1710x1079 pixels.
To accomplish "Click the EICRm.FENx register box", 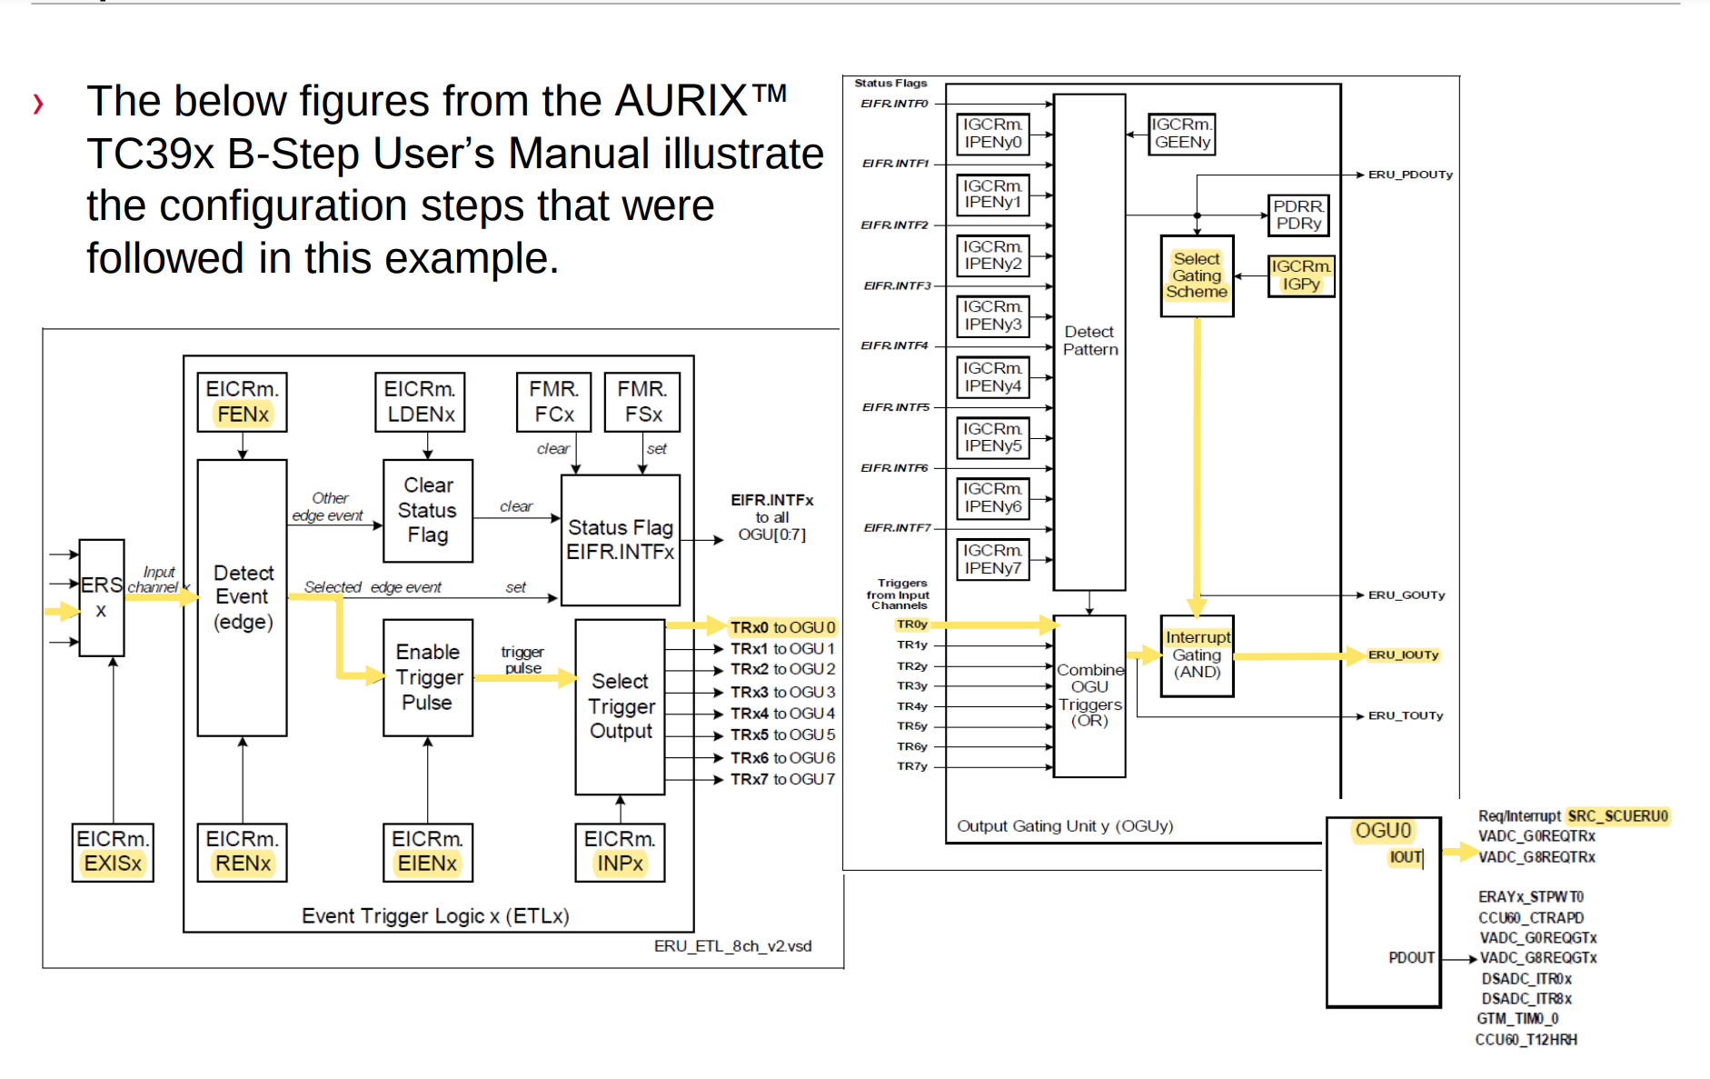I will coord(242,402).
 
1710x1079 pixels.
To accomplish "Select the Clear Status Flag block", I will coord(427,510).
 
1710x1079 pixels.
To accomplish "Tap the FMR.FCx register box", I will coord(553,402).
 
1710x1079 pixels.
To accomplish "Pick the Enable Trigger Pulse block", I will coord(427,677).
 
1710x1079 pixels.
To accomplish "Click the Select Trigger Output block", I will coord(621,706).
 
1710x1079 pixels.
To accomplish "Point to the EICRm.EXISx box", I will coord(113,852).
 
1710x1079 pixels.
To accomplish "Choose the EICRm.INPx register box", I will coord(620,852).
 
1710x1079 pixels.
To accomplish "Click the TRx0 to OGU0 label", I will coord(782,627).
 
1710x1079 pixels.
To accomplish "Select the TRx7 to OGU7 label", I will coord(782,779).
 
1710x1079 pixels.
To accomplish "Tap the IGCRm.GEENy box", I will coord(1181,134).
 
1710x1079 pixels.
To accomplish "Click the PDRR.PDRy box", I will coord(1297,215).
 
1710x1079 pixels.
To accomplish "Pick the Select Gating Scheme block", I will coord(1197,275).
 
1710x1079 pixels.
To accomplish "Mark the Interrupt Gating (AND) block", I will coord(1197,655).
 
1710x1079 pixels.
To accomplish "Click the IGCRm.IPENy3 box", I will coord(992,315).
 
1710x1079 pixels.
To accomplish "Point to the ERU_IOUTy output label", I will coord(1403,654).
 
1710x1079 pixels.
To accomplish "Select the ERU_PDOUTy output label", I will coord(1410,175).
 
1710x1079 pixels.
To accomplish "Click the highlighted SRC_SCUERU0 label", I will coord(1617,816).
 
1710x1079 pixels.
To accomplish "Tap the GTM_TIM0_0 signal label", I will coord(1517,1019).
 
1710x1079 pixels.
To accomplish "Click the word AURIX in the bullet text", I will coord(681,101).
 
